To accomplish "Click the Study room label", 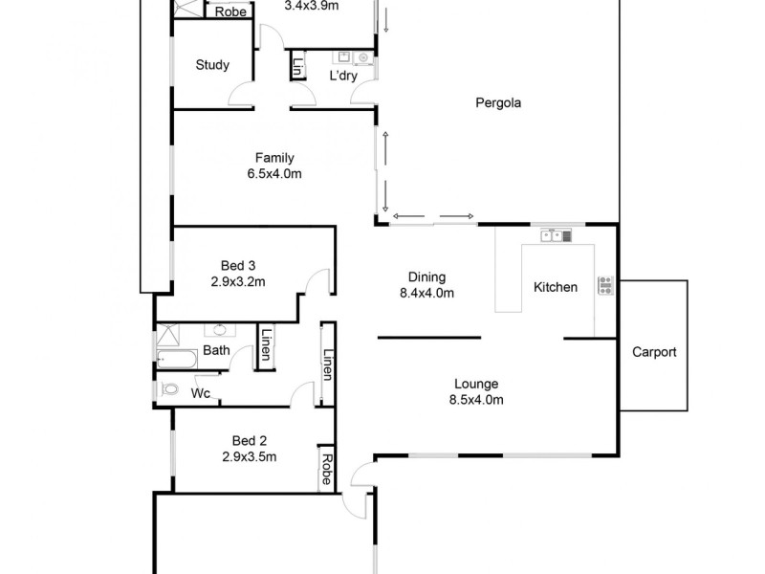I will pos(212,65).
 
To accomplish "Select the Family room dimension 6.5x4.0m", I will pos(274,174).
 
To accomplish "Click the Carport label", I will pos(654,352).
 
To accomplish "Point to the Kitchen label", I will pos(555,287).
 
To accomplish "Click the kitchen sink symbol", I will pos(556,234).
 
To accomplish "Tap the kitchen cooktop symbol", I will pos(605,284).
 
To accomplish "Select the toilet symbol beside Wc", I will pos(170,390).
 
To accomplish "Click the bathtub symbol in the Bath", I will pos(178,360).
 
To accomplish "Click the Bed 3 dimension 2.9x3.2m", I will pos(238,281).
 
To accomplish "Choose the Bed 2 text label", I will pos(249,441).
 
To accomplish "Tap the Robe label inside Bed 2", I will pos(326,468).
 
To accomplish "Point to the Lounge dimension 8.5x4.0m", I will pos(476,400).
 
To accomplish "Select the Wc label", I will pos(201,393).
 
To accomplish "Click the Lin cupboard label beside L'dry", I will pos(298,68).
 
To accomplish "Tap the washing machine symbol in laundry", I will pos(363,57).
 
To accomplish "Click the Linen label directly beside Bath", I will pos(265,346).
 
